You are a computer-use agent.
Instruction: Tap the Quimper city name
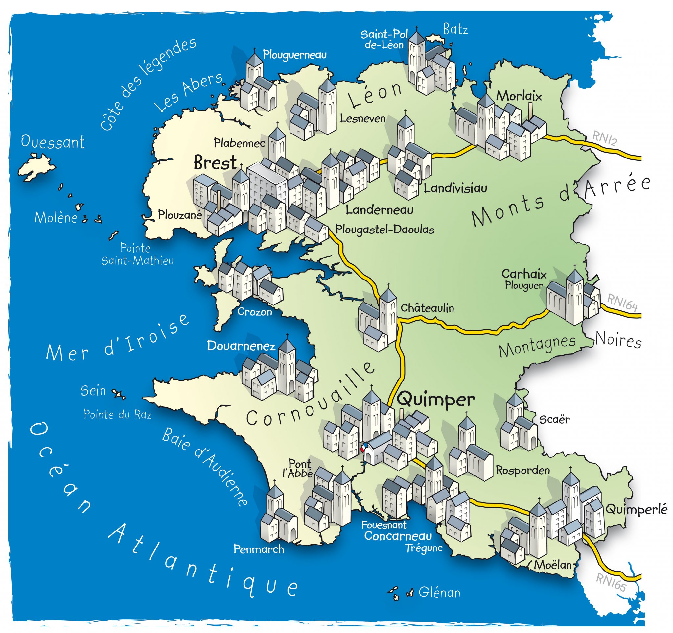(x=436, y=400)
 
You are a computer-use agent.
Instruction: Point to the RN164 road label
(x=622, y=302)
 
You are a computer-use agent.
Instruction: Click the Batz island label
(x=455, y=30)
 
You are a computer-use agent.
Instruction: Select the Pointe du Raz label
(x=117, y=414)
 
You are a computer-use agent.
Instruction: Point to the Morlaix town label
(x=519, y=96)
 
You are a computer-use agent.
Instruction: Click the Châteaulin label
(x=427, y=308)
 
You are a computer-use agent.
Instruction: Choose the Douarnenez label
(x=241, y=346)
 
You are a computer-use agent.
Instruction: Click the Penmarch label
(x=259, y=549)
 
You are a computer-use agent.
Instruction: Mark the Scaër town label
(x=554, y=419)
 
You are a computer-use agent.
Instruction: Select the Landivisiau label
(x=455, y=188)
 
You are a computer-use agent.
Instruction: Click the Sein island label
(x=93, y=391)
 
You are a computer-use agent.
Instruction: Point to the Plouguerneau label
(x=294, y=55)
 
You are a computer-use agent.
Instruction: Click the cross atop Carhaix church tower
(x=574, y=266)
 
